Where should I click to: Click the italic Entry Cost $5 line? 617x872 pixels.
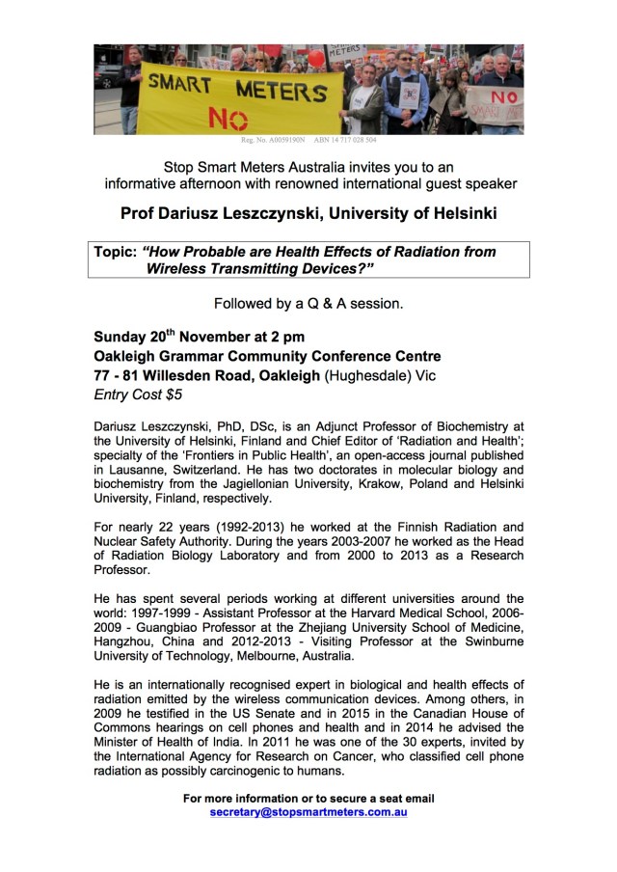click(x=138, y=395)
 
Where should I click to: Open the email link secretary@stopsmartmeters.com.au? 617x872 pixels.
click(x=308, y=812)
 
